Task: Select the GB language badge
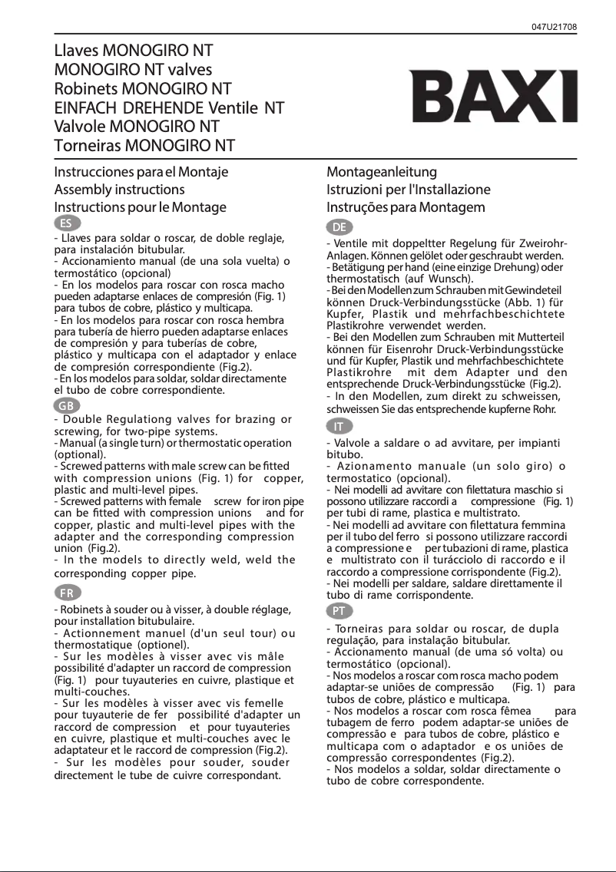point(67,405)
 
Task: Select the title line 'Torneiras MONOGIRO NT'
point(144,144)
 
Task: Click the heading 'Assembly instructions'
point(119,189)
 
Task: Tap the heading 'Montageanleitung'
point(382,171)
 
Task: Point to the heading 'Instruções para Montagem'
point(406,207)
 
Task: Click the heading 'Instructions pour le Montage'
point(140,207)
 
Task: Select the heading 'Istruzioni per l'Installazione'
point(409,189)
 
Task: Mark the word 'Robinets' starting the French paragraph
point(83,610)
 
